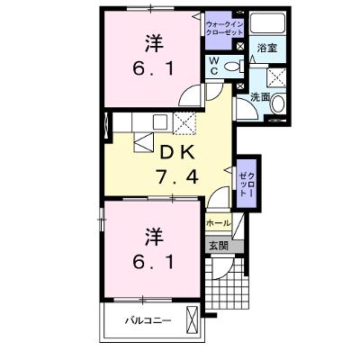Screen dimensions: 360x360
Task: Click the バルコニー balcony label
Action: pos(148,320)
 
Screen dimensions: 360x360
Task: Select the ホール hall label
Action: pos(219,223)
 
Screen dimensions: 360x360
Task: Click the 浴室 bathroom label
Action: pos(266,48)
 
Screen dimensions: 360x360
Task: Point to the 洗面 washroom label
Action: pos(260,97)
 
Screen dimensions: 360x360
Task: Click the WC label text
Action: pos(214,66)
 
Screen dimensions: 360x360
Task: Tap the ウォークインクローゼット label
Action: pos(224,28)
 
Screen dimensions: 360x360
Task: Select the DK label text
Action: pos(177,153)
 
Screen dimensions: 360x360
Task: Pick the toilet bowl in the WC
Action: pos(234,67)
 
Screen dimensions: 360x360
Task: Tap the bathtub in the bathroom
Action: pos(267,22)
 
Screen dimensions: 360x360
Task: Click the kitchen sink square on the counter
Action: pos(160,121)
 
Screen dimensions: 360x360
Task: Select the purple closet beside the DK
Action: pos(247,183)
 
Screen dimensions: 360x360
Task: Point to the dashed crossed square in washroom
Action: pos(276,77)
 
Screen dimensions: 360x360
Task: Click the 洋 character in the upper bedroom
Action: pos(155,44)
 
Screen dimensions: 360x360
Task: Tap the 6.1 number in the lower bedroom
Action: pos(153,263)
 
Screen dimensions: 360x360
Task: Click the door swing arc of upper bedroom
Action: pos(189,94)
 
